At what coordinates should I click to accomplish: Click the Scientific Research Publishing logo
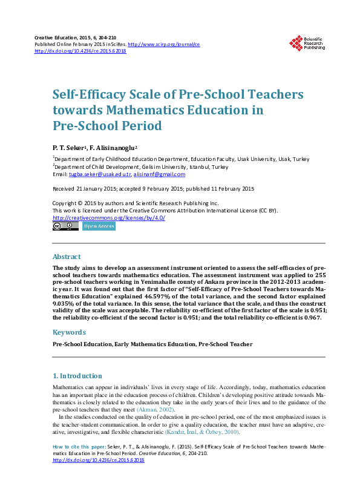pos(307,44)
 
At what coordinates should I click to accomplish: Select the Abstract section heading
pos(67,257)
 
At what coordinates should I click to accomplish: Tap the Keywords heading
pos(69,332)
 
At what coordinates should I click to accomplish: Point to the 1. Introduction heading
pos(77,376)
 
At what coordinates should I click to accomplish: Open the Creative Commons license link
pos(109,218)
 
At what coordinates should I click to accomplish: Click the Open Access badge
pos(99,226)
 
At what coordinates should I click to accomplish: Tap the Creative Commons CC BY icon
pos(65,226)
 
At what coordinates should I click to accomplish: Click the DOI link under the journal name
pos(80,51)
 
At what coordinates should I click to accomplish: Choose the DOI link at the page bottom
pos(99,477)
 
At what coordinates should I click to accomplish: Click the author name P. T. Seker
pos(69,148)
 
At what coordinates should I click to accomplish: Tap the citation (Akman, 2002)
pos(158,409)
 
